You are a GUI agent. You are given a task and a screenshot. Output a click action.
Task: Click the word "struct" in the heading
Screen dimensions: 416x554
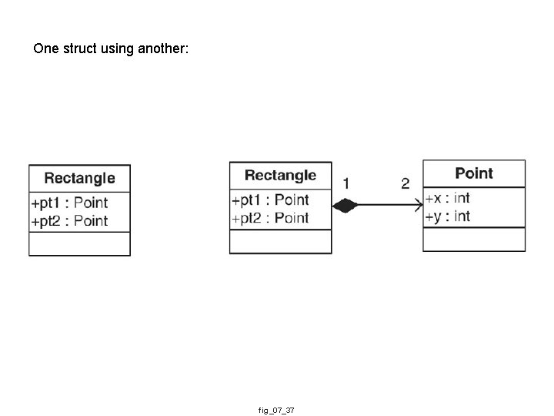click(78, 49)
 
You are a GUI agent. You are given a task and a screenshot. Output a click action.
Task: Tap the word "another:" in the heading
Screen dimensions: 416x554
click(162, 49)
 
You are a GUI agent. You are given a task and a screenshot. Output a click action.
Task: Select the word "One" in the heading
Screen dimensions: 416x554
click(45, 49)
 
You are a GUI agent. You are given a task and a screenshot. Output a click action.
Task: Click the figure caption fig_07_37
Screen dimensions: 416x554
click(276, 411)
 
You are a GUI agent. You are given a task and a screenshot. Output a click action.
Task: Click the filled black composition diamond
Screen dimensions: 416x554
click(345, 205)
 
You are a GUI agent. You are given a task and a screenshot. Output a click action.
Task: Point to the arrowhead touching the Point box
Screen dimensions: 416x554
click(418, 205)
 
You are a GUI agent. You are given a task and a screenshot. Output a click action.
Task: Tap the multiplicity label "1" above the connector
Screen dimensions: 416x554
click(346, 183)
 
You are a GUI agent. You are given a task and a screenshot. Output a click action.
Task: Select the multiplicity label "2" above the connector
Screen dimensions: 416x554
click(405, 183)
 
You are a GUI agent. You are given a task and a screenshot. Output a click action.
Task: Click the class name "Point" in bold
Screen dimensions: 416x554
click(474, 173)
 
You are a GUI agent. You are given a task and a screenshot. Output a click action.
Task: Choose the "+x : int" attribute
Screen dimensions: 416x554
click(447, 198)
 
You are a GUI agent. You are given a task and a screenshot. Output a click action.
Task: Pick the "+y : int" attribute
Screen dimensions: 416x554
click(447, 216)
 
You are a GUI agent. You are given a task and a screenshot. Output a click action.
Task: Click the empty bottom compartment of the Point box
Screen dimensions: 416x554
click(474, 240)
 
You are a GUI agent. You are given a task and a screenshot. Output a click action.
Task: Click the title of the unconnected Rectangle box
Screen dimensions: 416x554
click(79, 178)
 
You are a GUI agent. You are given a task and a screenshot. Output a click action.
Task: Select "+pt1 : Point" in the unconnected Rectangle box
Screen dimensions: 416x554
click(69, 203)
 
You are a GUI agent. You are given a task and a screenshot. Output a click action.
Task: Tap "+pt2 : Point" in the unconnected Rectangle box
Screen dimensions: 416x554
click(69, 221)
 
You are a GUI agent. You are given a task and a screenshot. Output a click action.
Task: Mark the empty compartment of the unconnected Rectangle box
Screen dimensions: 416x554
click(79, 243)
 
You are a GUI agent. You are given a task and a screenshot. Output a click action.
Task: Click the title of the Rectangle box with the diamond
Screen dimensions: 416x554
click(280, 176)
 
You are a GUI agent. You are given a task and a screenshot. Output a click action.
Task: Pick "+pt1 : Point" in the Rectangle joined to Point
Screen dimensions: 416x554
click(270, 200)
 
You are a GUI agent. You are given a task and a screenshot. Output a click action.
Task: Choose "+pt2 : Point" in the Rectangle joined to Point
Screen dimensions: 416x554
click(270, 218)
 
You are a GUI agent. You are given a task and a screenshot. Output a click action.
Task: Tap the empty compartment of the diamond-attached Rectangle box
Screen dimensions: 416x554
click(280, 242)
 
